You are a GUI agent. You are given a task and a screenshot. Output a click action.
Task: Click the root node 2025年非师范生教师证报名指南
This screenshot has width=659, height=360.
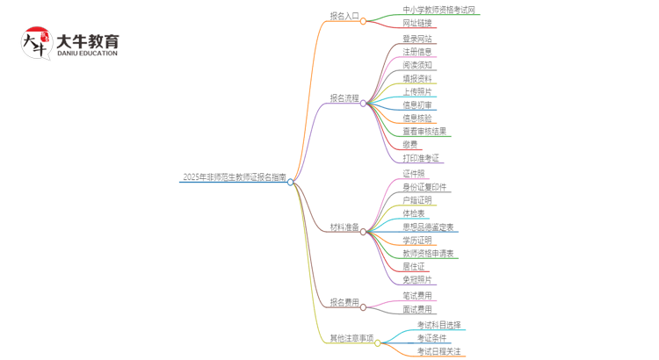[234, 177]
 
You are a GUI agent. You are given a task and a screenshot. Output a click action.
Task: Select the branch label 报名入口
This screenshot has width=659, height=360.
[344, 16]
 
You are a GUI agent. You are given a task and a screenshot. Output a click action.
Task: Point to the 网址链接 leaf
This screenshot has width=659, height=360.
[417, 23]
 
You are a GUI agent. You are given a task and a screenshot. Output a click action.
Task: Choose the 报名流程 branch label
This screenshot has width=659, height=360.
[344, 98]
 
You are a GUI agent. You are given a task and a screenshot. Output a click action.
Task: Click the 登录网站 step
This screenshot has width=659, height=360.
[417, 39]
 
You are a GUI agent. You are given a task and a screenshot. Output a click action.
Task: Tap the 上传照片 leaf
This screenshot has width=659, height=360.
[417, 91]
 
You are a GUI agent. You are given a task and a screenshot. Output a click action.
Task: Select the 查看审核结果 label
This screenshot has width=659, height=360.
[424, 131]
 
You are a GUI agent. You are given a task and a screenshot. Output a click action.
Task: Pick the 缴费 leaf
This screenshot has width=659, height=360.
[410, 144]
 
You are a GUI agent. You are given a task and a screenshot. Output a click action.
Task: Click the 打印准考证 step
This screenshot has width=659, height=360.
[421, 158]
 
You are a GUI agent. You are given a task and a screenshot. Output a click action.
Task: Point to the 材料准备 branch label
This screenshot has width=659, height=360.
[344, 227]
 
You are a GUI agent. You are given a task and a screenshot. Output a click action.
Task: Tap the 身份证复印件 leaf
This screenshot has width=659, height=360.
[424, 187]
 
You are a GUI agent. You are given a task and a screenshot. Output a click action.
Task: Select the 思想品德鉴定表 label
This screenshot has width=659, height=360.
[428, 227]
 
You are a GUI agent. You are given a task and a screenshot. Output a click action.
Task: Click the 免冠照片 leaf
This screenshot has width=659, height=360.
[417, 280]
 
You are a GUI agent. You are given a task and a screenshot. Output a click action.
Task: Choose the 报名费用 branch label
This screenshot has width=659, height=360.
[344, 303]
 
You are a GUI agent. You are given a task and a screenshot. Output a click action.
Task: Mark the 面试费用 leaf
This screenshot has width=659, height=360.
[417, 309]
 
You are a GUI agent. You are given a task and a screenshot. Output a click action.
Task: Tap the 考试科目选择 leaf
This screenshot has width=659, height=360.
[438, 325]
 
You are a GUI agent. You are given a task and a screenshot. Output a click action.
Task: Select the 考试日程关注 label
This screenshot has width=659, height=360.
[438, 351]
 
